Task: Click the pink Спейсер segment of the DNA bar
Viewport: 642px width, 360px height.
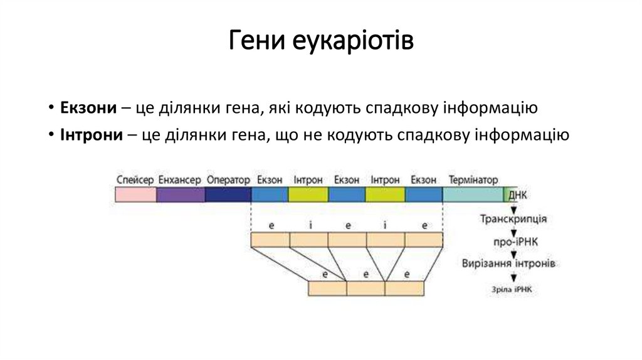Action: (135, 194)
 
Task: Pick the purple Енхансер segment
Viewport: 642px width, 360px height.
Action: (181, 194)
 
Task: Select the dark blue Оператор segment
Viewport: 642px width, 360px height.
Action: (228, 194)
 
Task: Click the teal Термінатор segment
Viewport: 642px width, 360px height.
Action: (473, 194)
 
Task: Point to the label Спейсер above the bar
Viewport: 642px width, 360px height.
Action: (135, 180)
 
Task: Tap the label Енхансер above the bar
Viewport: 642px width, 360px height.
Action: (180, 180)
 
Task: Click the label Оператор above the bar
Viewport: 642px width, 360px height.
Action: (228, 180)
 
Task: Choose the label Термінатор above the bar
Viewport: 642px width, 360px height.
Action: (473, 180)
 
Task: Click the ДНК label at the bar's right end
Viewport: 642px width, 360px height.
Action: (518, 195)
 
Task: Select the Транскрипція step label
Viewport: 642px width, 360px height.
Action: (513, 220)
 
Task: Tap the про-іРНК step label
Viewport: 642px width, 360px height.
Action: (513, 241)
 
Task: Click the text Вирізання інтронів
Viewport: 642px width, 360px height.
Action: (508, 263)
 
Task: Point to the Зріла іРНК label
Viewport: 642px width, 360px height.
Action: (511, 289)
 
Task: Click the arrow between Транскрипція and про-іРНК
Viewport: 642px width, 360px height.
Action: (513, 231)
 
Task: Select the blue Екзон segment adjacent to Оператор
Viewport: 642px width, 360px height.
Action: (270, 194)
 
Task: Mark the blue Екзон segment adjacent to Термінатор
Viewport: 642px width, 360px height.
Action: (424, 194)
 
